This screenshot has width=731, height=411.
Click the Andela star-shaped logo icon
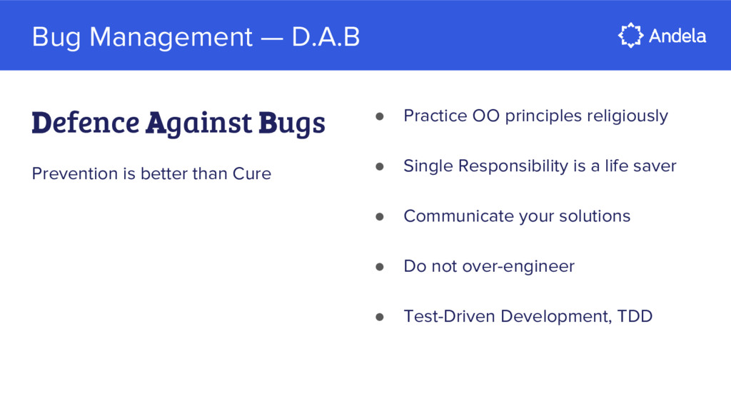pyautogui.click(x=631, y=36)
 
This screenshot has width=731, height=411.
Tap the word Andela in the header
pyautogui.click(x=677, y=36)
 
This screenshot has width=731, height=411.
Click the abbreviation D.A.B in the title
pyautogui.click(x=326, y=37)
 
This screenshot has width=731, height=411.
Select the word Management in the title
pyautogui.click(x=171, y=37)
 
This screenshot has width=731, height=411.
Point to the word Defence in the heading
pyautogui.click(x=86, y=123)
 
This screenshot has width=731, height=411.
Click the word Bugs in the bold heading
pyautogui.click(x=292, y=124)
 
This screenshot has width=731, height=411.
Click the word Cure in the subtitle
pyautogui.click(x=252, y=174)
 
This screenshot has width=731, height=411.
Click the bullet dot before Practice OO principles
pyautogui.click(x=380, y=116)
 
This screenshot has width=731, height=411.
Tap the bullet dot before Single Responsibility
pyautogui.click(x=380, y=166)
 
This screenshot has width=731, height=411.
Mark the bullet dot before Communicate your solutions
pyautogui.click(x=380, y=216)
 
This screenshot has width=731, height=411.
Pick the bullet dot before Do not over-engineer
pyautogui.click(x=380, y=267)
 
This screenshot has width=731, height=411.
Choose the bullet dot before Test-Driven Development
pyautogui.click(x=380, y=317)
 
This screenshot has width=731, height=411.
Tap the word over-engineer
pyautogui.click(x=518, y=267)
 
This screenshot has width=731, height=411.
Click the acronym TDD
pyautogui.click(x=635, y=316)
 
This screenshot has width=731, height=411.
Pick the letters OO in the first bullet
pyautogui.click(x=485, y=116)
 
